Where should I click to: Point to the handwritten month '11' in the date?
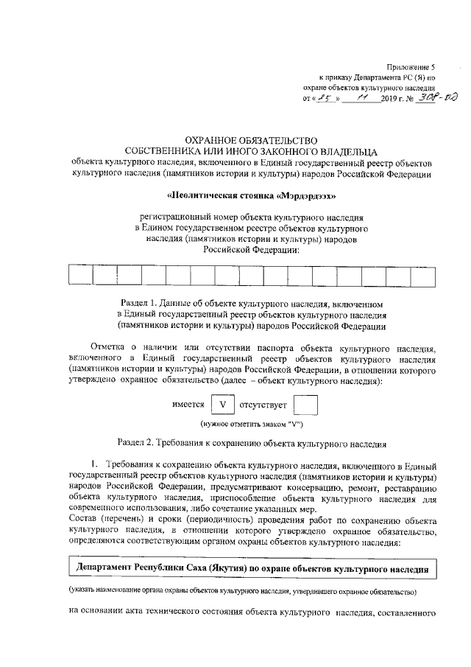point(361,97)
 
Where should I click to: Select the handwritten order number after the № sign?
point(432,97)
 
